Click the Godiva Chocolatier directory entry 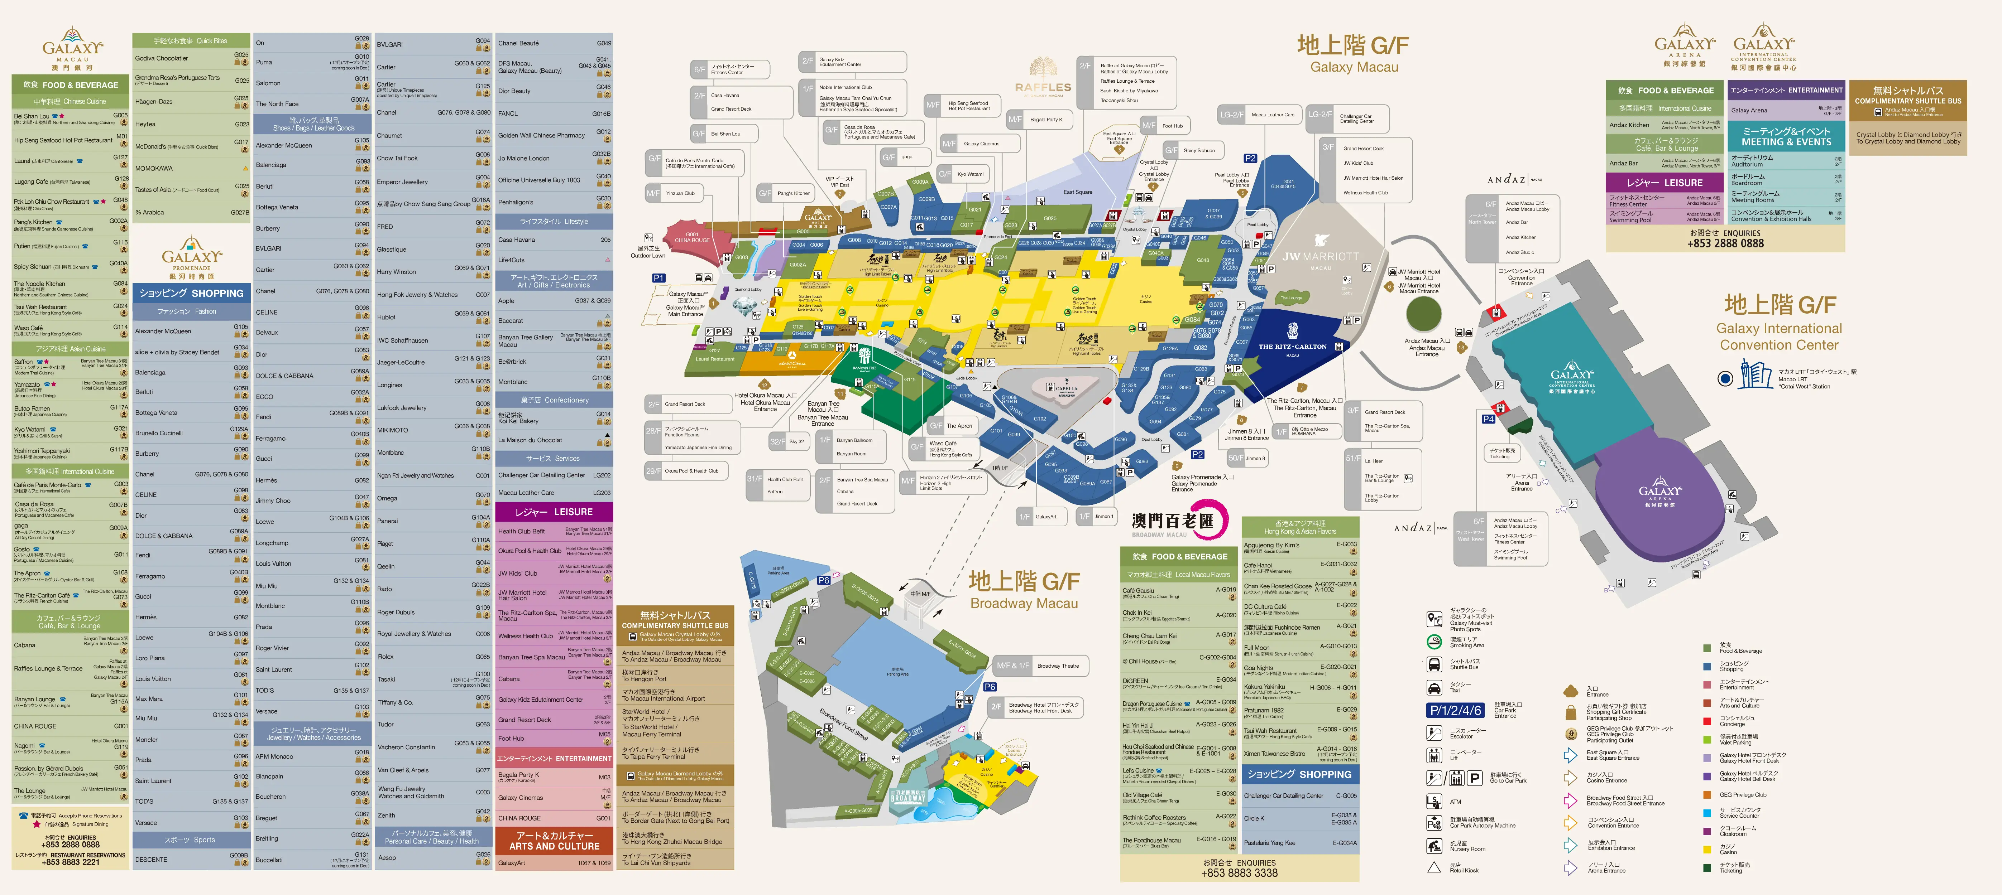point(162,58)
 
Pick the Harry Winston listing point(396,272)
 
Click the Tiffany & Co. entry point(396,702)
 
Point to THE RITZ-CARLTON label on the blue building point(1292,347)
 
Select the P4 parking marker point(1488,419)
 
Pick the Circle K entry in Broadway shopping point(1254,818)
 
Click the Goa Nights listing point(1259,667)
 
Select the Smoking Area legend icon point(1435,642)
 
